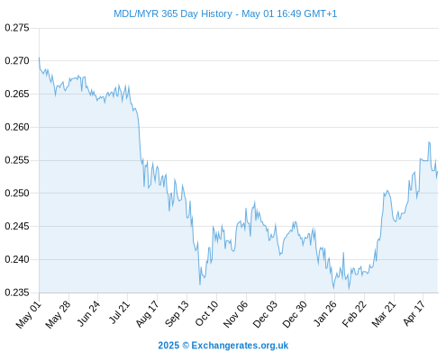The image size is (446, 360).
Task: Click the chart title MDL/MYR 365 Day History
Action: point(173,13)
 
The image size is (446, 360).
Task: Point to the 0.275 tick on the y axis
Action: point(17,28)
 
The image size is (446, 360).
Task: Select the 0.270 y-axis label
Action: point(17,61)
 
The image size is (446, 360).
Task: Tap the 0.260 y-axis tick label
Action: point(17,127)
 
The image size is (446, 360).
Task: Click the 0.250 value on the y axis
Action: point(17,193)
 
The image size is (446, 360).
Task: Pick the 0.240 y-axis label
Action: point(17,259)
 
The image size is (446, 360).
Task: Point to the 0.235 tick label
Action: point(17,292)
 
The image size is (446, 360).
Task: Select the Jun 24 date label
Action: point(88,313)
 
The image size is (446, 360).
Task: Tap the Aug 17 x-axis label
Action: point(147,313)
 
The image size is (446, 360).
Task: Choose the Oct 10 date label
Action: point(206,313)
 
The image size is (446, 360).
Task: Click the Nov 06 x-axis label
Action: point(236,314)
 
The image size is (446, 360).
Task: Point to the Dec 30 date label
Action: point(295,314)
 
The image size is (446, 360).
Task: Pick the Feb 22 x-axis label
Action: point(354,313)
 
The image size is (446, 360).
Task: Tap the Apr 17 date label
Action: point(414,313)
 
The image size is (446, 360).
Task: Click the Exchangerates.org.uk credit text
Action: point(240,346)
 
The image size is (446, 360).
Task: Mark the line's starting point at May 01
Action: point(39,58)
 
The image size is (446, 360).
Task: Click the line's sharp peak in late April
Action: point(429,142)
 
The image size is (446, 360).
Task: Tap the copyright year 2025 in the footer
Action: point(168,346)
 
